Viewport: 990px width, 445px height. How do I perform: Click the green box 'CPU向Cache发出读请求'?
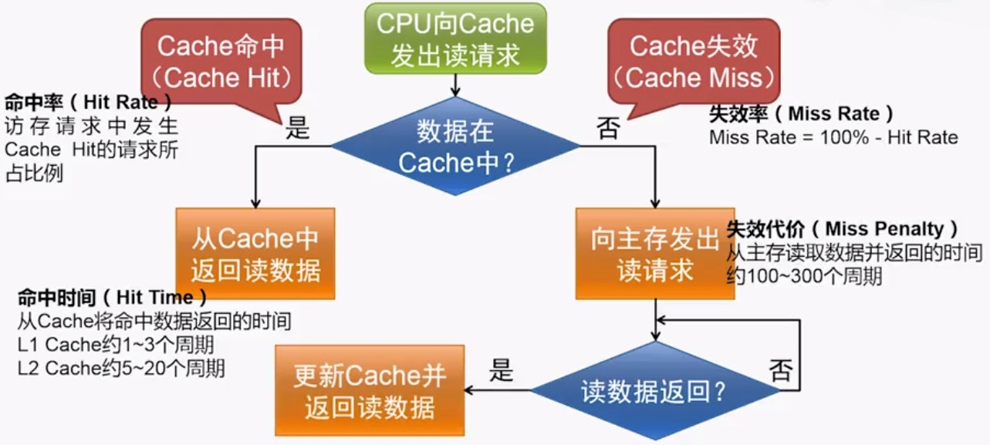click(454, 39)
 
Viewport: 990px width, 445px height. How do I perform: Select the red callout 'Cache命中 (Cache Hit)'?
click(220, 61)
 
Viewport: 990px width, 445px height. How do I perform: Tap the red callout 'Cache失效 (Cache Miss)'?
click(694, 61)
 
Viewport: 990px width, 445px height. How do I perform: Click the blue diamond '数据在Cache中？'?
click(454, 147)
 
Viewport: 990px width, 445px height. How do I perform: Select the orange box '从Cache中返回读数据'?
click(255, 254)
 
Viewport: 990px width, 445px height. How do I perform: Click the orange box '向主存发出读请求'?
click(655, 254)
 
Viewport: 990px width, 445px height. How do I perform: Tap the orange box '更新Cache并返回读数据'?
click(370, 391)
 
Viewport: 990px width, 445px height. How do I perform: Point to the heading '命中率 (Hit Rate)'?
click(88, 103)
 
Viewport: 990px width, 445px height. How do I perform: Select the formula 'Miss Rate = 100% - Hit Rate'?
click(833, 138)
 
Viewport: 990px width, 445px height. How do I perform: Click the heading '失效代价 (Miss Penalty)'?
click(843, 229)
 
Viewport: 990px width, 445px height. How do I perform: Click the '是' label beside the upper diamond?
click(298, 128)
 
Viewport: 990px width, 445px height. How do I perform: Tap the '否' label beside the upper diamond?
click(608, 128)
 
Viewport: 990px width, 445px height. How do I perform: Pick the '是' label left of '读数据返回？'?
click(501, 372)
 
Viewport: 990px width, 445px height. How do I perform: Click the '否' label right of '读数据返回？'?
click(780, 372)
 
